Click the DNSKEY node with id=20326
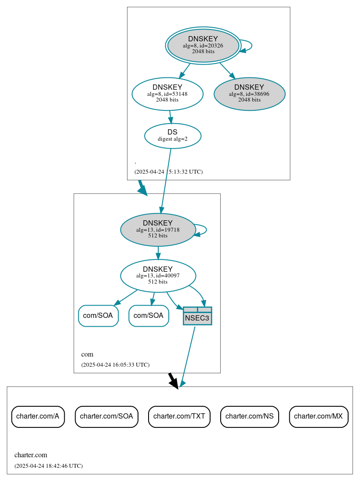click(203, 45)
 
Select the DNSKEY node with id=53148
click(167, 94)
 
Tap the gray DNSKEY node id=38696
click(249, 94)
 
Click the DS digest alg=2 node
click(173, 136)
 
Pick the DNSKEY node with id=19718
click(158, 230)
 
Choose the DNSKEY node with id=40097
click(158, 276)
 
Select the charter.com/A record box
click(38, 416)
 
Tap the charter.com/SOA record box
click(107, 416)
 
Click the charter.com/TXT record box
click(179, 416)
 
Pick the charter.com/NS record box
click(250, 416)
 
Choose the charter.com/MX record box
click(319, 416)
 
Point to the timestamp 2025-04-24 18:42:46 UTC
click(48, 466)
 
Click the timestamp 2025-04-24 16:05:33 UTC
click(115, 364)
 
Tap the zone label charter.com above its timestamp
click(31, 455)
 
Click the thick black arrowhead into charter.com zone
click(174, 383)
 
